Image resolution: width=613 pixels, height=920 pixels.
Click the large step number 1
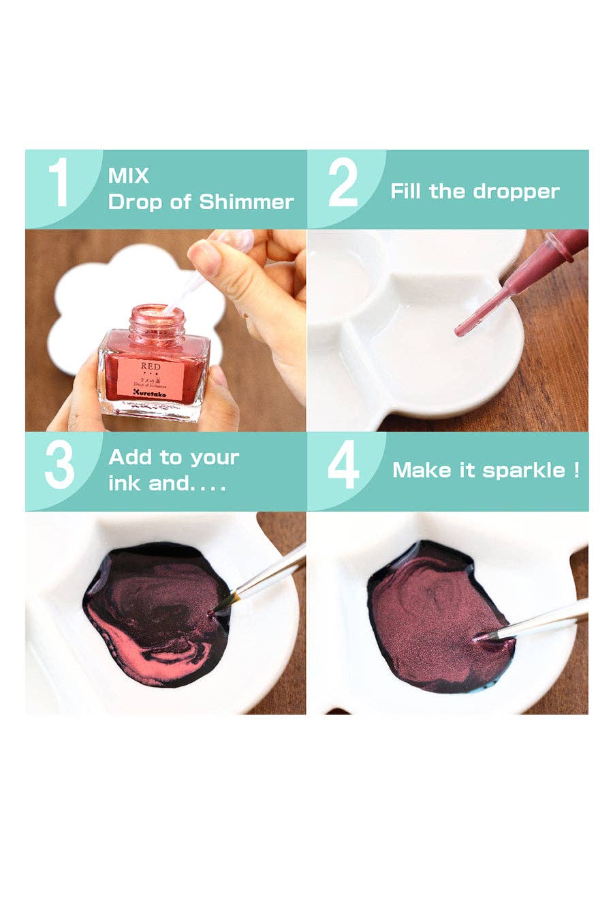coord(60,182)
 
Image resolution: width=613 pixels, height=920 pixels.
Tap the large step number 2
coord(343,182)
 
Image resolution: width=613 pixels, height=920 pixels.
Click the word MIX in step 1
coord(128,176)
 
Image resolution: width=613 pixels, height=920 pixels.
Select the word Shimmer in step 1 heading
coord(246,202)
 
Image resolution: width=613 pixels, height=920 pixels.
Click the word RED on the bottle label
coord(151,367)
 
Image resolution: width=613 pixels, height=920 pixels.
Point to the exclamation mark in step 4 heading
coord(576,470)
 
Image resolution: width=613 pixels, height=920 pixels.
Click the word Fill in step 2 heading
coord(406,191)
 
